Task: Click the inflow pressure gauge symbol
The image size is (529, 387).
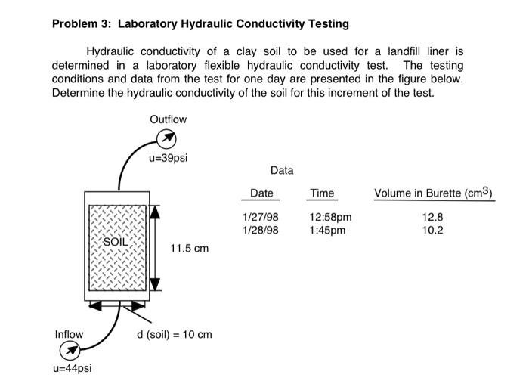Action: tap(69, 350)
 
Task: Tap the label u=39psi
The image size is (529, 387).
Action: tap(168, 158)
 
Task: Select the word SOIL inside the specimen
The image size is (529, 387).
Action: tap(116, 241)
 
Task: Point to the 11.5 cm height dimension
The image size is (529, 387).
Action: tap(189, 248)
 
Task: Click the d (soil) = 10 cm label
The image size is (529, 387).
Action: tap(174, 334)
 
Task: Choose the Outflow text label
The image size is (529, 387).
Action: tap(168, 119)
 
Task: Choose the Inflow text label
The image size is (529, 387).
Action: tap(69, 334)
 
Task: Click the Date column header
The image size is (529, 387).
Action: tap(261, 193)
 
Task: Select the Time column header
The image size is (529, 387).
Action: tap(321, 193)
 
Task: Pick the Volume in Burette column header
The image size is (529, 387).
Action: tap(433, 193)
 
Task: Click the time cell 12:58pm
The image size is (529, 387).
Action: tap(330, 218)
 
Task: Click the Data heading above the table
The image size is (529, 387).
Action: tap(281, 171)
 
